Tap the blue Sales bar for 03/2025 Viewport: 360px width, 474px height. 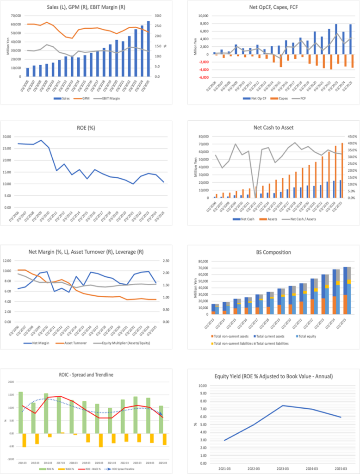[x=149, y=49]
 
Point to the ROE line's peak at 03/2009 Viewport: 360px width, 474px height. [x=41, y=140]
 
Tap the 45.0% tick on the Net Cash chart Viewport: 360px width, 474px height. [x=351, y=137]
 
